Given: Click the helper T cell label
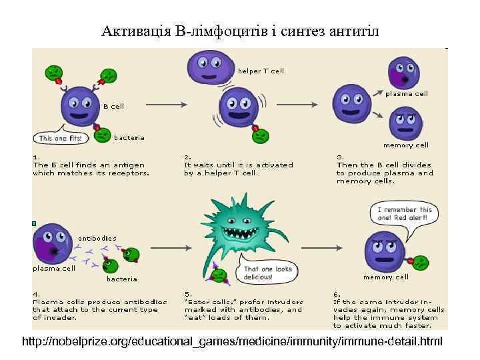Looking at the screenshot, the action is pos(261,71).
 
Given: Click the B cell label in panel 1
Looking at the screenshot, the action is pos(113,106).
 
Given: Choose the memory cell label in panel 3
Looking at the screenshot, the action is pos(405,145).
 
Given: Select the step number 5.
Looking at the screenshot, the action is pos(188,294).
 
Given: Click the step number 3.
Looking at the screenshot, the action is pos(339,157).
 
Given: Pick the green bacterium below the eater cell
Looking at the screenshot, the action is pos(220,275).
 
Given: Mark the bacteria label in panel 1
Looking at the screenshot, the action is pos(129,138).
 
